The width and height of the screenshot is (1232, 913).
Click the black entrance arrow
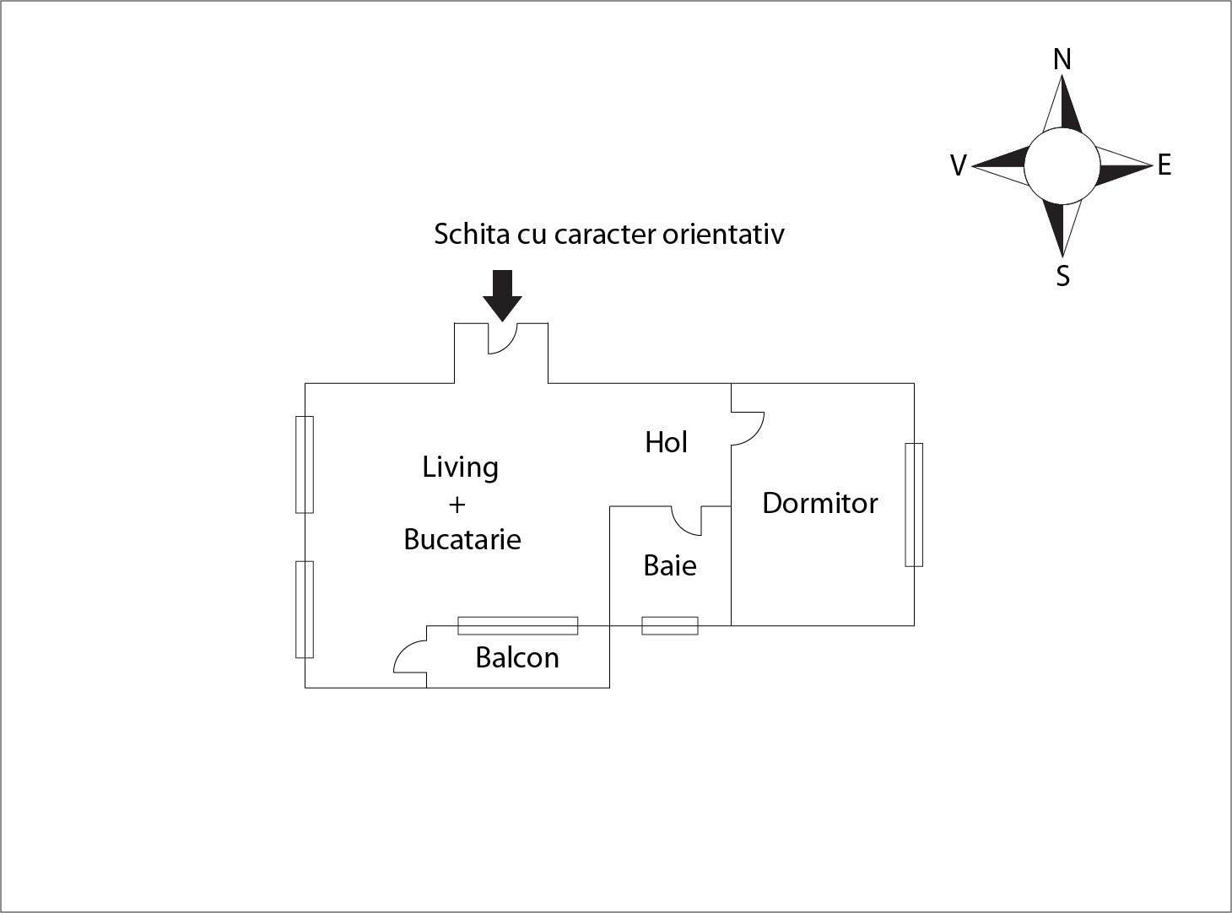tap(502, 295)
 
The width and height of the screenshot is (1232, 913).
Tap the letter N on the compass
tap(1062, 59)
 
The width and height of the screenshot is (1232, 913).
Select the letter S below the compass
tap(1062, 276)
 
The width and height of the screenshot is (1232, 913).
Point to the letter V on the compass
tap(959, 165)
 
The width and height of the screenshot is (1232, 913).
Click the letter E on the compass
tap(1164, 165)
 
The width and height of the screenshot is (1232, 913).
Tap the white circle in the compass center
tap(1062, 165)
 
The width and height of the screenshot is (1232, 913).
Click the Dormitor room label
tap(820, 504)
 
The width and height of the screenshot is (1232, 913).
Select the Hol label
tap(666, 442)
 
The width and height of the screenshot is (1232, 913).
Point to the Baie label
tap(670, 565)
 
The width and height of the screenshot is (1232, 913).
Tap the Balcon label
tap(517, 658)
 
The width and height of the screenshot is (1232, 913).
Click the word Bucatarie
tap(462, 539)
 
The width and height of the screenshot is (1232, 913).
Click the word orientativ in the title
tap(723, 234)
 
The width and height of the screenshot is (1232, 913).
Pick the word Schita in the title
tap(472, 234)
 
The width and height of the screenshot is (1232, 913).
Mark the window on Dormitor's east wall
tap(914, 505)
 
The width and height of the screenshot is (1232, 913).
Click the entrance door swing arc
tap(503, 338)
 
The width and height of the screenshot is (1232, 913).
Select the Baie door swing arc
tap(687, 521)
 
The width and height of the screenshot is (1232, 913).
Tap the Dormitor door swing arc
tap(748, 429)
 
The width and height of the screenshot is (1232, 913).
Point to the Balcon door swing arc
tap(410, 656)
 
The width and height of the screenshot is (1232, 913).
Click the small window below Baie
tap(670, 626)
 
